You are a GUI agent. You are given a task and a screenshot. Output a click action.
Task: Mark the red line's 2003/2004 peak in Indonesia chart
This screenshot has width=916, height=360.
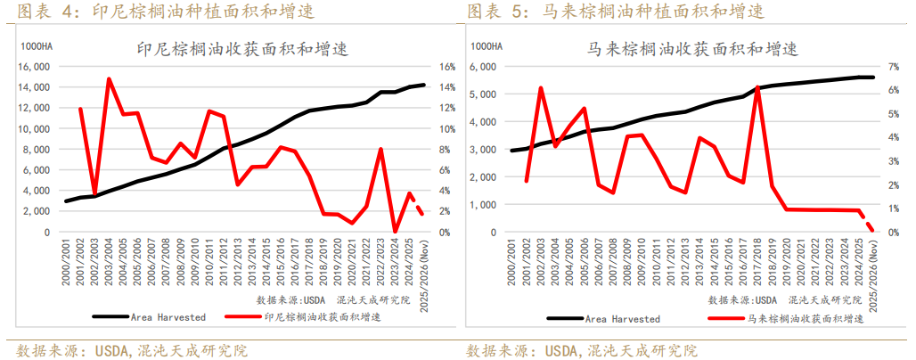click(109, 78)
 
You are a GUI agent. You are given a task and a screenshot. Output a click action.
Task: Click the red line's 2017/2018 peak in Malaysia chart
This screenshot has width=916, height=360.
click(757, 86)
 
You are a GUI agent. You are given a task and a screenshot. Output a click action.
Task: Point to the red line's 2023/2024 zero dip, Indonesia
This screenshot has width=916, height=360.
click(396, 232)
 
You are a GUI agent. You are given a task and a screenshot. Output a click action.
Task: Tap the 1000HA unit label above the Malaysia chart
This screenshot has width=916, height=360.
click(487, 45)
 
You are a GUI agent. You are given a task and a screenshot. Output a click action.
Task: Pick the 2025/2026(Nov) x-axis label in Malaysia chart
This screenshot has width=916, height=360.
click(873, 276)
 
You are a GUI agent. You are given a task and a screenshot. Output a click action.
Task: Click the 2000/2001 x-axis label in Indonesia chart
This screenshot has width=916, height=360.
click(66, 264)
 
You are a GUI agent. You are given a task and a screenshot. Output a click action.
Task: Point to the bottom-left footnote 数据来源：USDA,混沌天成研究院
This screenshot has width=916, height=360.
click(133, 349)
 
